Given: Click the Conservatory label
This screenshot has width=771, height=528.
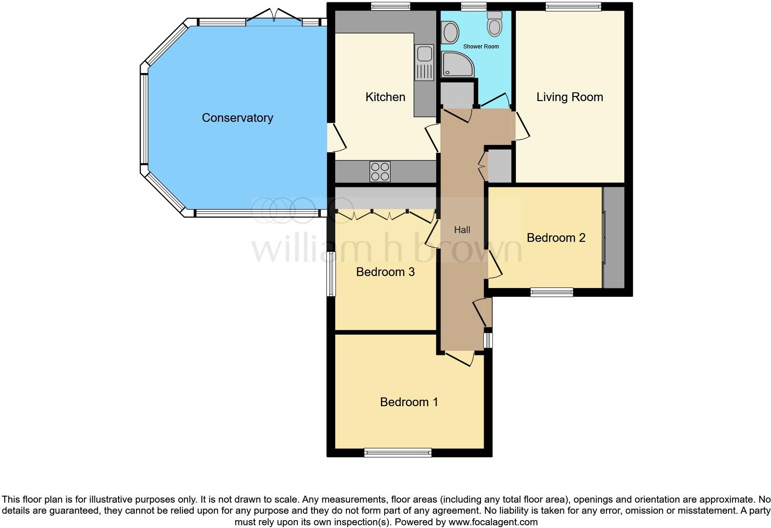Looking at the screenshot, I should pos(237,118).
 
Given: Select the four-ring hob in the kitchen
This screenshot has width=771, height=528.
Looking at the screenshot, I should pos(380,171).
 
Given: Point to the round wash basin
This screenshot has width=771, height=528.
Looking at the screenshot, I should pos(450,32).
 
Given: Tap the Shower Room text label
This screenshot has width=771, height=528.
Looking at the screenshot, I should pos(481,47).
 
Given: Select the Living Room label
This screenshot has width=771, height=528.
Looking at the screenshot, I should pos(569,97).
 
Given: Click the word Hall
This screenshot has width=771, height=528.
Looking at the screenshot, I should pos(462,230).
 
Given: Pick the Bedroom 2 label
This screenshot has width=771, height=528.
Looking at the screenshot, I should pos(556,238).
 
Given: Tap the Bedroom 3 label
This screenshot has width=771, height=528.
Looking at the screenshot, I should pos(385,272).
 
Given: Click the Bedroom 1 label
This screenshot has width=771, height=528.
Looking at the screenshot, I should pos(409,402).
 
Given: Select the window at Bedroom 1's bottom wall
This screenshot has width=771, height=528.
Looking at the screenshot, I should pos(397,452).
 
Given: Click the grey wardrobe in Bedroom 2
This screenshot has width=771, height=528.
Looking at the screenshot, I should pos(614,238).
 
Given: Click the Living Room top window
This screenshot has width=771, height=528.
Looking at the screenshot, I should pos(573,6).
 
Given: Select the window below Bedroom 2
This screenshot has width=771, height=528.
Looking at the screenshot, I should pos(552,292).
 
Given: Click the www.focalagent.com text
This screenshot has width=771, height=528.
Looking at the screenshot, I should pos(492,522).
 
